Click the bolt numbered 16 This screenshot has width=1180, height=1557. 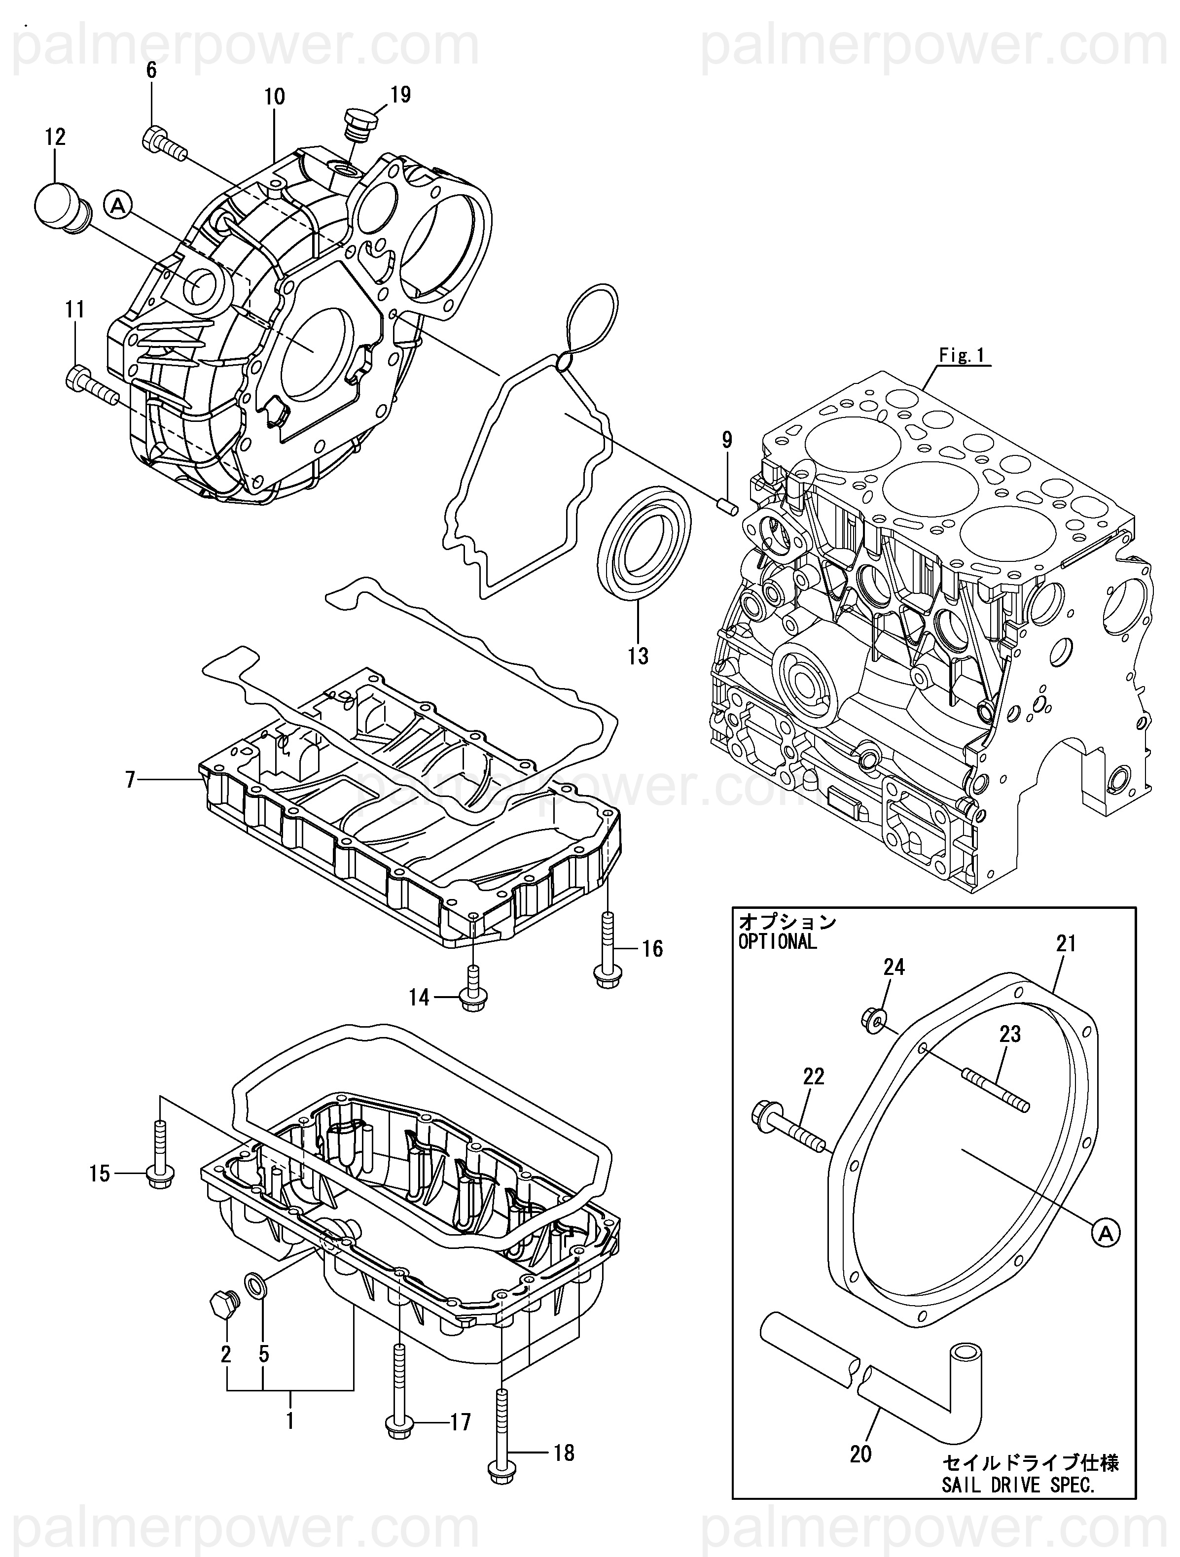[x=607, y=950]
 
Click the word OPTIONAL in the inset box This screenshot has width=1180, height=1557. [x=777, y=942]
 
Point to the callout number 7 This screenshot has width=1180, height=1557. [x=130, y=780]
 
